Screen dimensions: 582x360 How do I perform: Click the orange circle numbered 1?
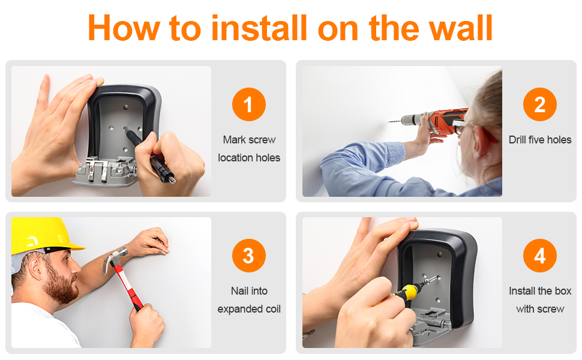click(x=248, y=104)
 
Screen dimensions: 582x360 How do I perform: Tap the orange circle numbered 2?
click(x=539, y=104)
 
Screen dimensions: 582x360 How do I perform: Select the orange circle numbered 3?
click(x=248, y=256)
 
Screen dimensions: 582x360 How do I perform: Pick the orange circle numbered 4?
click(x=539, y=256)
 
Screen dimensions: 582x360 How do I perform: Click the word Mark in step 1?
click(x=234, y=140)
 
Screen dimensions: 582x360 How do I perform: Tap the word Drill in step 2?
click(x=517, y=140)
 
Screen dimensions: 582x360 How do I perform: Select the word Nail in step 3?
click(x=239, y=291)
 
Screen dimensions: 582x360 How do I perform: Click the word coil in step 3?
click(x=272, y=309)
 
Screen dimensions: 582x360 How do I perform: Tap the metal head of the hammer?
click(x=115, y=257)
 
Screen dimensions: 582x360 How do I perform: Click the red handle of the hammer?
click(x=127, y=287)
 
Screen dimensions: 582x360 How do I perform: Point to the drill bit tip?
click(x=389, y=121)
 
